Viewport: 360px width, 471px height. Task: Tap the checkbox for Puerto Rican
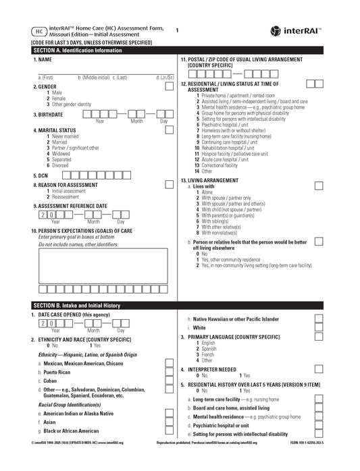coord(169,372)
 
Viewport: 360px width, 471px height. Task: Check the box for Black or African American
coord(169,430)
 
